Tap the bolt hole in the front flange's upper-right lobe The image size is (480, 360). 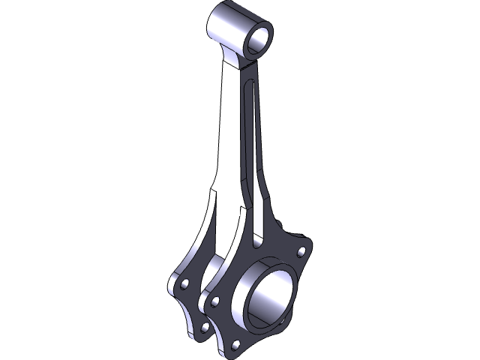point(301,251)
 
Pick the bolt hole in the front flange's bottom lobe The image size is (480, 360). point(236,344)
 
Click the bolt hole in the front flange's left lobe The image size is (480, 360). point(215,301)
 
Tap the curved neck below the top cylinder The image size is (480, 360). point(237,60)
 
